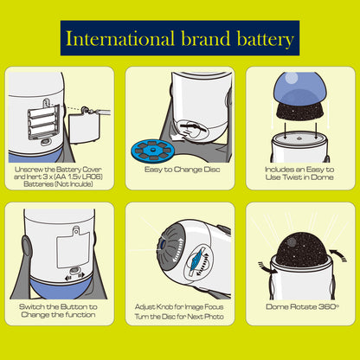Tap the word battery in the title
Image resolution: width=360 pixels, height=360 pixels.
[266, 40]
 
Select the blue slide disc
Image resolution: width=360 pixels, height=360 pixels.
[152, 150]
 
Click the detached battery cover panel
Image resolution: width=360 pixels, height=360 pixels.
[85, 127]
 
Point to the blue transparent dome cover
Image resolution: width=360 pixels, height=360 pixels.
[300, 88]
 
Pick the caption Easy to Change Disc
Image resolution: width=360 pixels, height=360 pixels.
[183, 170]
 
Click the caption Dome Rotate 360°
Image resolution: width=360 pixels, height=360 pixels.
[302, 306]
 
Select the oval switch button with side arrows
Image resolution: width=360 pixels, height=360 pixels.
[74, 272]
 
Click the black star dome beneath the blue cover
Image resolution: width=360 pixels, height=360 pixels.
[300, 112]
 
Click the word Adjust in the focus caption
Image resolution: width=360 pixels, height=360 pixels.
[145, 307]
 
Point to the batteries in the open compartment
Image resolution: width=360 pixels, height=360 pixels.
[44, 120]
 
